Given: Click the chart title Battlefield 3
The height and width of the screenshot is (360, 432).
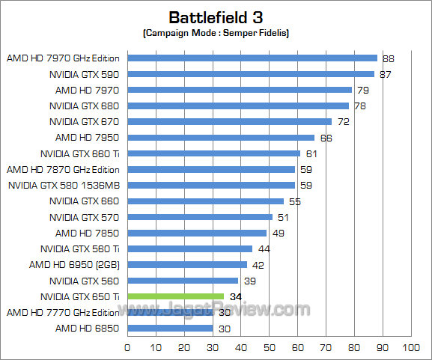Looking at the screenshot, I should [216, 16].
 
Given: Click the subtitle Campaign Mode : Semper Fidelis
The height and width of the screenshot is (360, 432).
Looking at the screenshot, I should [216, 34].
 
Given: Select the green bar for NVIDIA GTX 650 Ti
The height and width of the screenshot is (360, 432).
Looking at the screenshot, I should [175, 296].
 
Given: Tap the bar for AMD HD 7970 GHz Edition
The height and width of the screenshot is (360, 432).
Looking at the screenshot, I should [252, 58].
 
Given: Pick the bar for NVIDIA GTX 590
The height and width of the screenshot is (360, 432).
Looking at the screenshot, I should [251, 74].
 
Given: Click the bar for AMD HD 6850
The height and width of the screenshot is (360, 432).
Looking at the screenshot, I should [170, 329].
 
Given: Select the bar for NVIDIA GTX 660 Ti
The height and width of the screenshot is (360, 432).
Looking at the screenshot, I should [213, 153].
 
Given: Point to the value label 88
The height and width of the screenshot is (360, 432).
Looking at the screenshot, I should [388, 58].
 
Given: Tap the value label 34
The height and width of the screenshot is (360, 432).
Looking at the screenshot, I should [234, 296].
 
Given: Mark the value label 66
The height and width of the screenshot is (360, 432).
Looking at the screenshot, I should [326, 138].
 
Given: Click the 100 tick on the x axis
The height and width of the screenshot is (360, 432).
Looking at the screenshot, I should [410, 348].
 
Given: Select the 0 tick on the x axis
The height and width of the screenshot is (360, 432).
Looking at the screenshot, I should [127, 348].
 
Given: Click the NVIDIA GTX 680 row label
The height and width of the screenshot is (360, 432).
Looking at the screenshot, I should [85, 106].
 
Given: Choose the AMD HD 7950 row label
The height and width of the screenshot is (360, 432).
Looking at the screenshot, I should [87, 137].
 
